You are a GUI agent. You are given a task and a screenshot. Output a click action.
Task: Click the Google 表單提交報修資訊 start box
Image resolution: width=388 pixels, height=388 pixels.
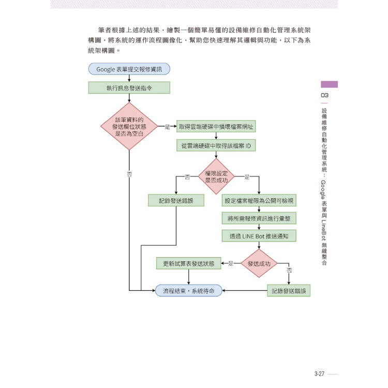[129, 69]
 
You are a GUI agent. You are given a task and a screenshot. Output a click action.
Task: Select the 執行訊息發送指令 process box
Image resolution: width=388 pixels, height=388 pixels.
[129, 88]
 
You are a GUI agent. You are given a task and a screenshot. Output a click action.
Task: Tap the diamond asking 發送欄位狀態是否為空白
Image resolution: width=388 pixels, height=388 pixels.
[129, 126]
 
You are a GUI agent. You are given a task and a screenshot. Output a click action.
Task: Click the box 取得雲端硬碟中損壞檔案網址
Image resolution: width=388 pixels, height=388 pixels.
[216, 126]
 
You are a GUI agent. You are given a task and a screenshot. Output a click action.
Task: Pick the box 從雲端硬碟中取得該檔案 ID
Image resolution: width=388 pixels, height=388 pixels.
[216, 146]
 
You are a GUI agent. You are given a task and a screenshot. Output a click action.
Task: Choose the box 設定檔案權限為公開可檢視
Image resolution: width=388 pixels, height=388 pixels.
[259, 200]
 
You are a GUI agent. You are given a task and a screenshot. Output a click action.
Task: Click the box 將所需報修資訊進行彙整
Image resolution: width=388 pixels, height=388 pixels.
[259, 218]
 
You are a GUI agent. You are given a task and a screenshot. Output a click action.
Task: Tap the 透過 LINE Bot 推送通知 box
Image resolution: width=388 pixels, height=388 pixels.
[259, 236]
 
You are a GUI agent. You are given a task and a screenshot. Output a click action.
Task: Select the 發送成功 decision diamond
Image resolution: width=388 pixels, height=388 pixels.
[259, 263]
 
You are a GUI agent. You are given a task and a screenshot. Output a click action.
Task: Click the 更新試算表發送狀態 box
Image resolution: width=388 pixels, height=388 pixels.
[188, 263]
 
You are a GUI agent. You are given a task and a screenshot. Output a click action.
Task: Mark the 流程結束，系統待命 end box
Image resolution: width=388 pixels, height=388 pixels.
[188, 291]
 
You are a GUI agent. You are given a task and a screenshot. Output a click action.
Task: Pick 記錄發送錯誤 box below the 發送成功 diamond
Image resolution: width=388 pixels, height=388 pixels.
[289, 291]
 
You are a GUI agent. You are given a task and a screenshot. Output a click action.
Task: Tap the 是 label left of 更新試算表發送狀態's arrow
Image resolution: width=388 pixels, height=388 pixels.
[231, 263]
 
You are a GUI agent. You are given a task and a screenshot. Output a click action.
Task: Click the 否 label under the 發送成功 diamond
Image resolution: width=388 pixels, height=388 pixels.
[289, 271]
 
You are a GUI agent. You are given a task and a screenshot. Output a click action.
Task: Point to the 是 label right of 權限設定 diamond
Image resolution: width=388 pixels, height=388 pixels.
[246, 177]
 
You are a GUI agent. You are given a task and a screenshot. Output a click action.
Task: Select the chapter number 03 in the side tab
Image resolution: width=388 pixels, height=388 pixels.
[324, 95]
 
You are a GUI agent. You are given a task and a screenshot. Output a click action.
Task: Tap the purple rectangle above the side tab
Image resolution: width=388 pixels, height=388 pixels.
[329, 84]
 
